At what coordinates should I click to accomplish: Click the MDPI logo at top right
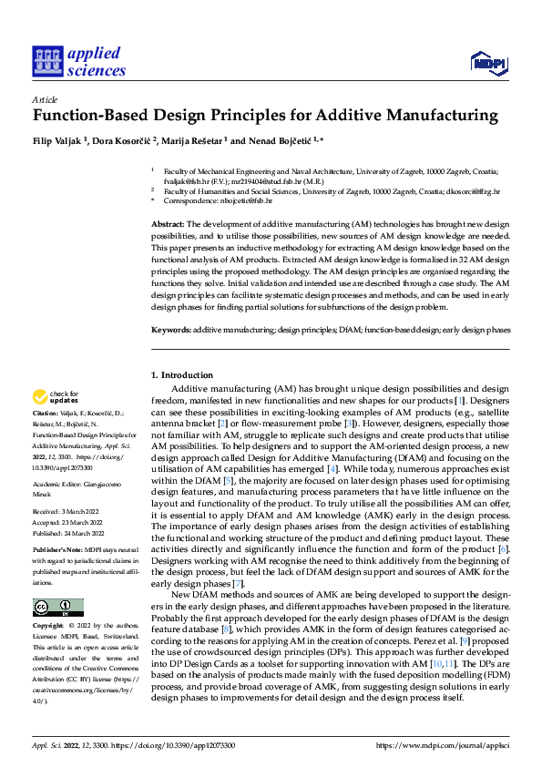click(x=487, y=61)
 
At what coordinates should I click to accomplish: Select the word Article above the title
click(x=45, y=99)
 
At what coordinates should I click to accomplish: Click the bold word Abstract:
click(x=168, y=224)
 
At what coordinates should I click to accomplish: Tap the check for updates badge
click(x=54, y=397)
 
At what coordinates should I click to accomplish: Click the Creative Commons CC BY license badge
click(x=57, y=608)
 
